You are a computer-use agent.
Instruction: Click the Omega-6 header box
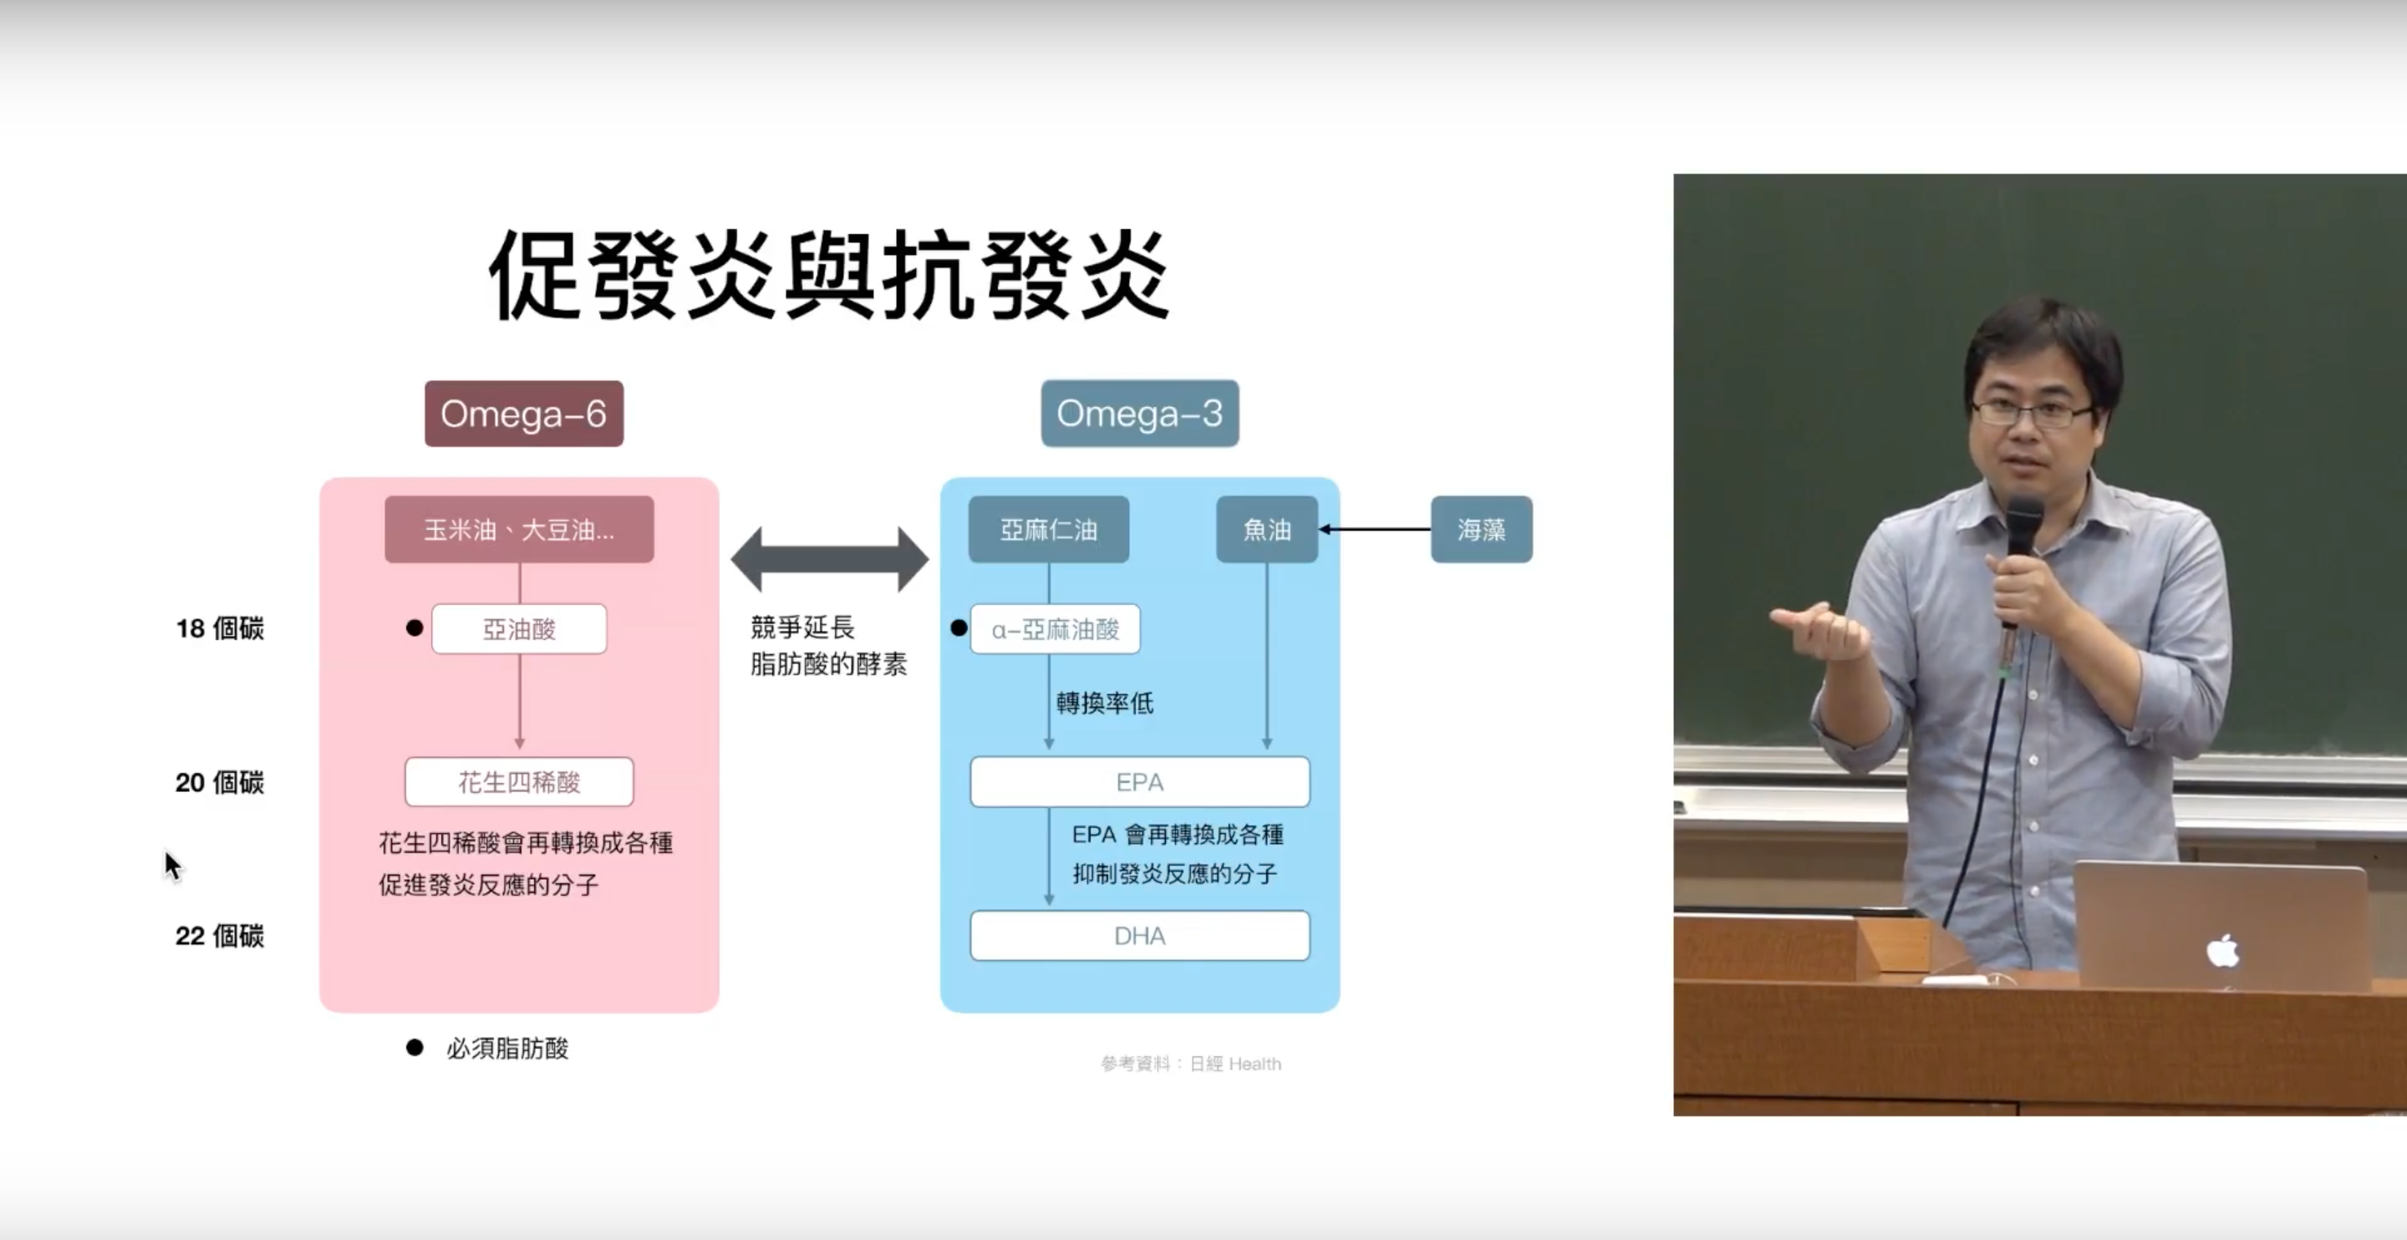pos(524,413)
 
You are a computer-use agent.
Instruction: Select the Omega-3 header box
pos(1140,413)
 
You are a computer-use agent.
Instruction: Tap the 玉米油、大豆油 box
pos(520,530)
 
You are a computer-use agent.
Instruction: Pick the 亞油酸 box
pos(520,629)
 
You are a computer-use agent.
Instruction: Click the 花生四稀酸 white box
pos(520,782)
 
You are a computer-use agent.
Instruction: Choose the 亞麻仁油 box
pos(1048,530)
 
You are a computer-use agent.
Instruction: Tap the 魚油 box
pos(1267,530)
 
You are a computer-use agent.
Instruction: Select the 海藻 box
pos(1482,530)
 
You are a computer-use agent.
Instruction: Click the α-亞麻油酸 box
pos(1055,629)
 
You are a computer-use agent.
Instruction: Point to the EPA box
pos(1140,782)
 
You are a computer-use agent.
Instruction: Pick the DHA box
pos(1140,935)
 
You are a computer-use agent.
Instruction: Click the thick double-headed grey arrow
pos(830,559)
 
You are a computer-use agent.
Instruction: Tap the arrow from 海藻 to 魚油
pos(1375,530)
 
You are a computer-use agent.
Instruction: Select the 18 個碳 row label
pos(220,629)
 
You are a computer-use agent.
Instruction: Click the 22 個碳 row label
pos(220,935)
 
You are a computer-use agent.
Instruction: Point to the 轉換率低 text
pos(1104,703)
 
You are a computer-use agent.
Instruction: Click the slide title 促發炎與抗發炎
pos(830,275)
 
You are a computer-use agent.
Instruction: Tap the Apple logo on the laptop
pos(2223,950)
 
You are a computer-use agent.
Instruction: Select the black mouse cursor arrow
pos(173,866)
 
